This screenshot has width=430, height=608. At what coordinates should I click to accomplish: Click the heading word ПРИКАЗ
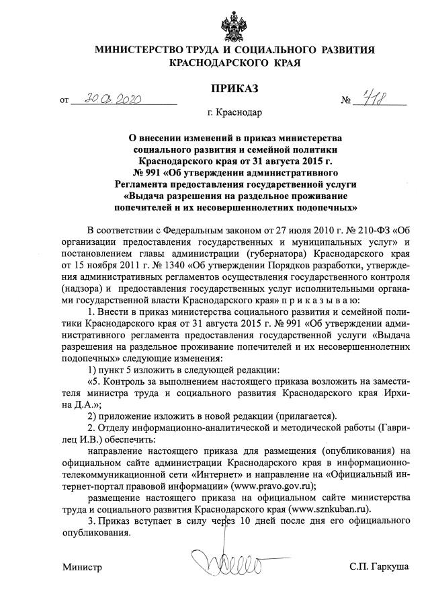[x=234, y=88]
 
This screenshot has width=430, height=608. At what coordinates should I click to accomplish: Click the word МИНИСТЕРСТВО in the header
[x=141, y=50]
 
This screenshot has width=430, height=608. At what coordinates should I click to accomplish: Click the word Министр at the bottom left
[x=83, y=568]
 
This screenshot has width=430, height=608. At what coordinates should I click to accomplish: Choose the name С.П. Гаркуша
[x=379, y=568]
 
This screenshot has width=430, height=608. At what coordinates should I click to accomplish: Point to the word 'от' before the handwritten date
[x=64, y=102]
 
